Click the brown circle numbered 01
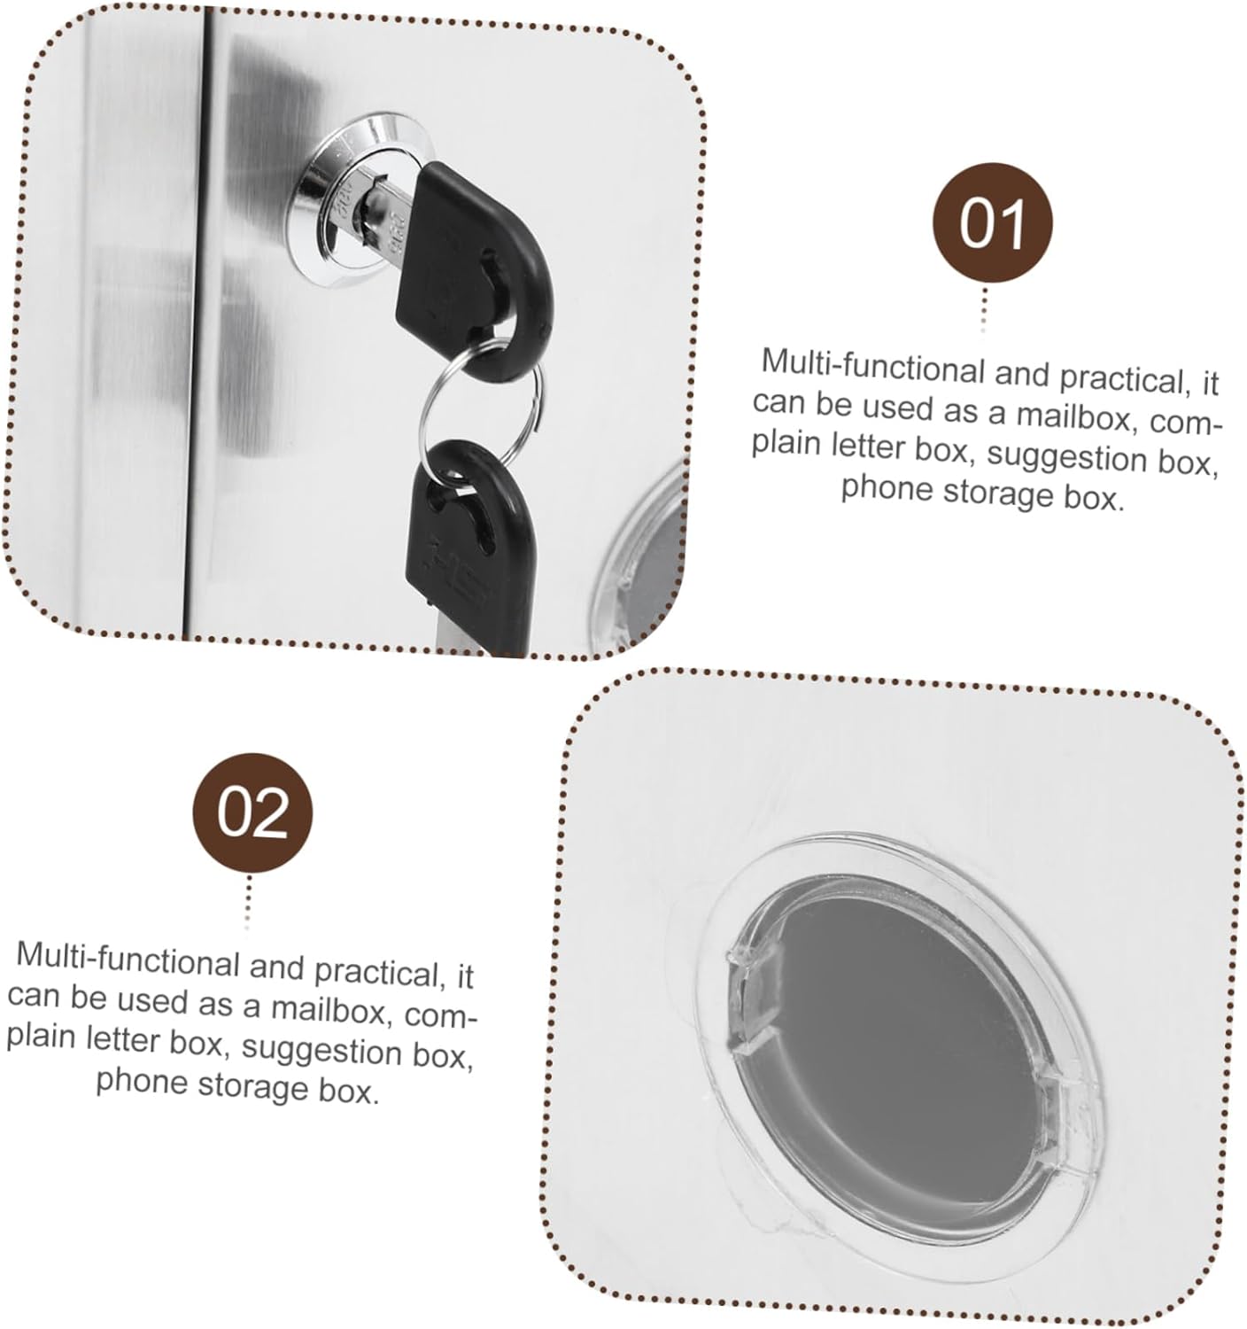tap(993, 223)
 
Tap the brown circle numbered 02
tap(253, 812)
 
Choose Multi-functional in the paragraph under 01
tap(872, 365)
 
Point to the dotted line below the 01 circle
tap(984, 310)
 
